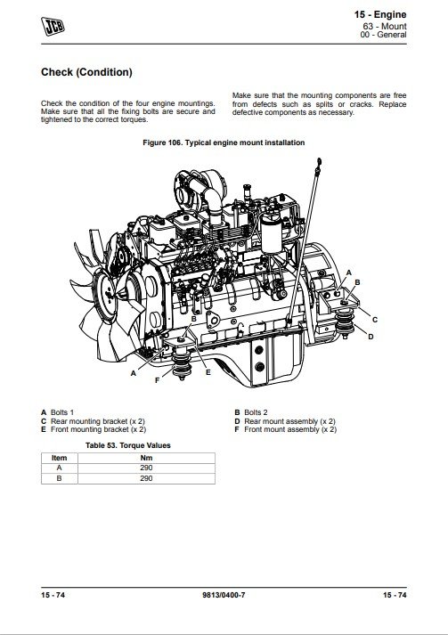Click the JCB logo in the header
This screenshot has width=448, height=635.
click(53, 27)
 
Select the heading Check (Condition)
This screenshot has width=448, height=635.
click(86, 72)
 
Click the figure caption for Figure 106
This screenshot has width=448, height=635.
click(224, 142)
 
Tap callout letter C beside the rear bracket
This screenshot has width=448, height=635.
click(375, 320)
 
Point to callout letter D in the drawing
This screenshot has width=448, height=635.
click(371, 337)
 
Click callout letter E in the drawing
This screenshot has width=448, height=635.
click(208, 372)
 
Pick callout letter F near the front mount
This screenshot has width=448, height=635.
click(157, 380)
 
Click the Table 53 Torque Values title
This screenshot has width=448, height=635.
click(128, 445)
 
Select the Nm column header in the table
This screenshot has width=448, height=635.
click(146, 458)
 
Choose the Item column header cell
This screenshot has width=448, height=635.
click(59, 458)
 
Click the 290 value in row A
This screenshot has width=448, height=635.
click(146, 468)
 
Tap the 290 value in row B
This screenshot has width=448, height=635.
click(146, 478)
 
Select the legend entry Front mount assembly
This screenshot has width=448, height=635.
click(286, 429)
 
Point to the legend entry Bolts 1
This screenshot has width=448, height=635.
click(58, 412)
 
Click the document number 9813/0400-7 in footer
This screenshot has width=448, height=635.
click(224, 595)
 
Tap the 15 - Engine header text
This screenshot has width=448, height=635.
click(380, 14)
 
